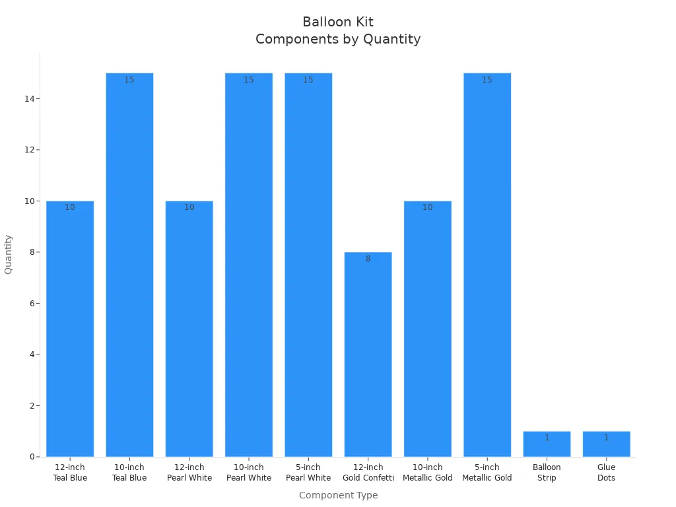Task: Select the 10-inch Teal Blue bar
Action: (129, 265)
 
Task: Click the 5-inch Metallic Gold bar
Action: (487, 265)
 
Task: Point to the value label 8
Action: (368, 259)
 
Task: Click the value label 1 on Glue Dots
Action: (606, 438)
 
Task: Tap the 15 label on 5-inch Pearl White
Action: (308, 80)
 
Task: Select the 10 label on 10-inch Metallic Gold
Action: (427, 207)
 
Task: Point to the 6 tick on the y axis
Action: (32, 304)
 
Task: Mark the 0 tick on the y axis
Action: (32, 457)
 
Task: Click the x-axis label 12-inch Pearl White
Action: (189, 473)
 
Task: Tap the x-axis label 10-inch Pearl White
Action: (249, 473)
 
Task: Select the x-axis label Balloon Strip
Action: (547, 473)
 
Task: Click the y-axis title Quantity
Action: (9, 254)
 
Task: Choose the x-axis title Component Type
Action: (338, 495)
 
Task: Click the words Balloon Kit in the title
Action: (338, 22)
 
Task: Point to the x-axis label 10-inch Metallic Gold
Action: (427, 473)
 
